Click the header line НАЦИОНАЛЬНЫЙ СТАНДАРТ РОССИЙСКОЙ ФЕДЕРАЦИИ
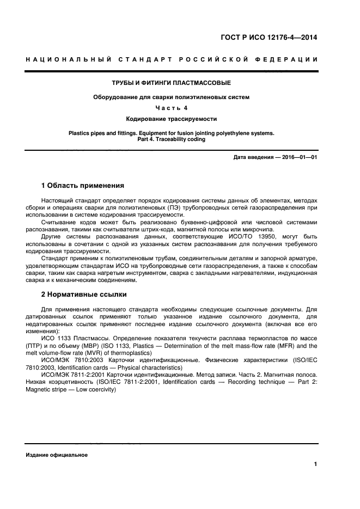[172, 59]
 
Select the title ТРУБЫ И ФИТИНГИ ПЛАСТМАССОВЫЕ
[172, 83]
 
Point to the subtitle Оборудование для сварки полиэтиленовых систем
[172, 97]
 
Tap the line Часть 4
[172, 108]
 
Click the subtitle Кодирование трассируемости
[172, 118]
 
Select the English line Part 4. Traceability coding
[172, 139]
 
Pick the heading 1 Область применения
[83, 186]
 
